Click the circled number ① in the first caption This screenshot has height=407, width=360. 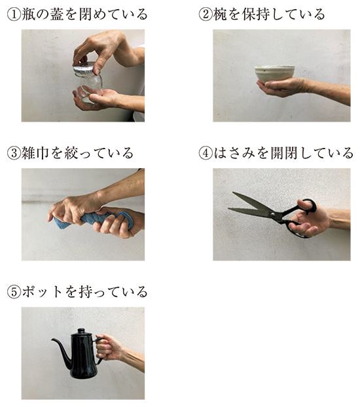pyautogui.click(x=14, y=14)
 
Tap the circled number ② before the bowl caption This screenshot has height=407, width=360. pyautogui.click(x=206, y=14)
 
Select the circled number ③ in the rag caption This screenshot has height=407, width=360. pyautogui.click(x=14, y=153)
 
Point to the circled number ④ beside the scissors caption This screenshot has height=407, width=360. pyautogui.click(x=206, y=153)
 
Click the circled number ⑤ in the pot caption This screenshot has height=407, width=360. pyautogui.click(x=14, y=292)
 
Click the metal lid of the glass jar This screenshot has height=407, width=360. pyautogui.click(x=84, y=69)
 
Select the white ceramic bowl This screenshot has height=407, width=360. pyautogui.click(x=275, y=74)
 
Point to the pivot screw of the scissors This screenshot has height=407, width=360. pyautogui.click(x=272, y=215)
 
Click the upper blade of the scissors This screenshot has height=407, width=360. pyautogui.click(x=252, y=202)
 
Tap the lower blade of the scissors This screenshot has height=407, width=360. pyautogui.click(x=249, y=211)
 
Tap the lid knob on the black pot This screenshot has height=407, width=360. pyautogui.click(x=81, y=330)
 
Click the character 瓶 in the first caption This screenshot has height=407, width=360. pyautogui.click(x=28, y=14)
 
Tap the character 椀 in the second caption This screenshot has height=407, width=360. pyautogui.click(x=221, y=14)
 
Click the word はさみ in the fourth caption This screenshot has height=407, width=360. pyautogui.click(x=234, y=153)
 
